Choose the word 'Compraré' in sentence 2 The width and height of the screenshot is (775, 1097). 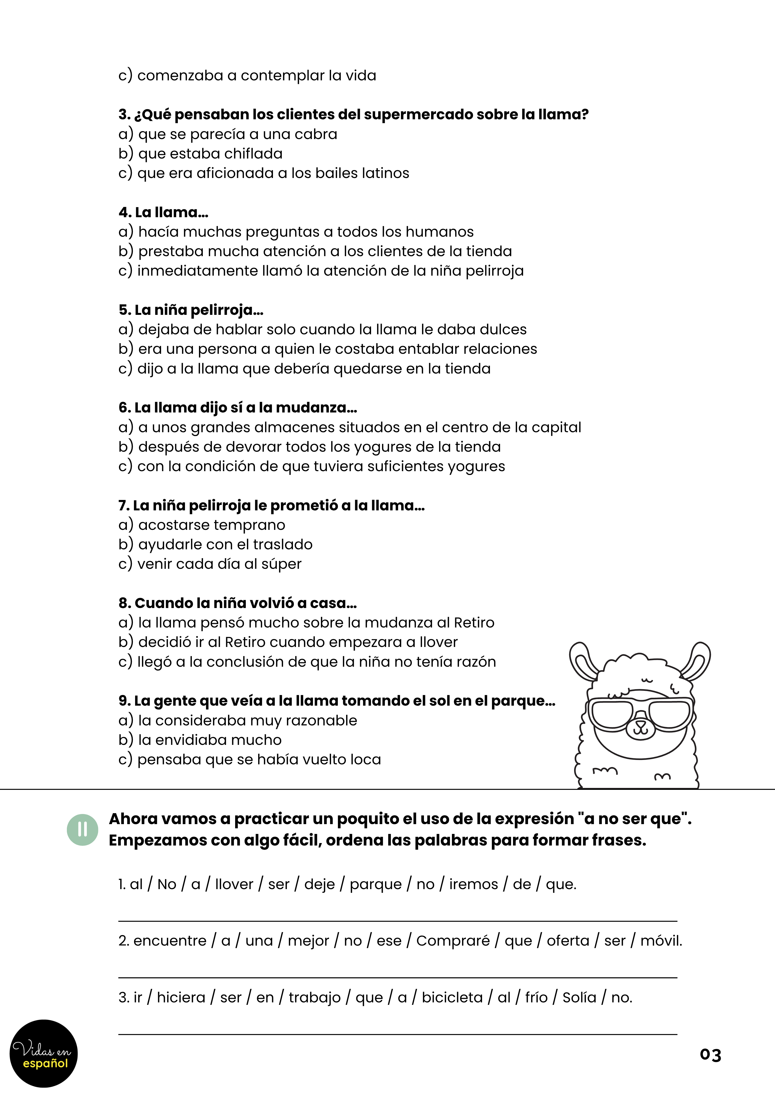453,941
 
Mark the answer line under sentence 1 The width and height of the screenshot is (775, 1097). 397,921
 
